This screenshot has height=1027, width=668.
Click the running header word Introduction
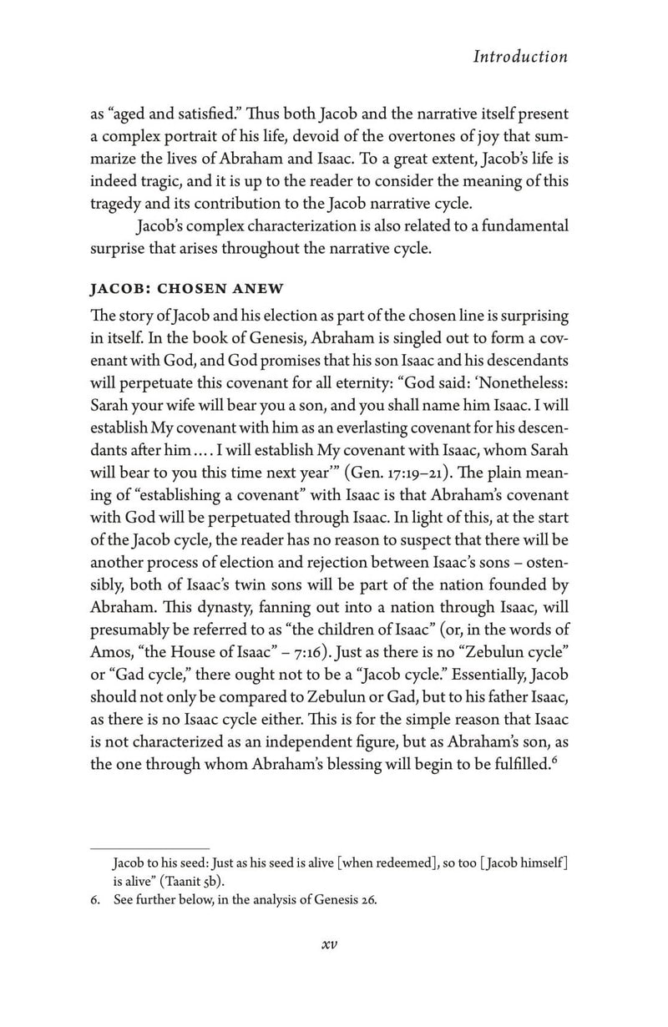point(519,57)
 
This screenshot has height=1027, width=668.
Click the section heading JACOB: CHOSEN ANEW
point(188,289)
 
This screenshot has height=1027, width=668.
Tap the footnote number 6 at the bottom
point(94,899)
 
